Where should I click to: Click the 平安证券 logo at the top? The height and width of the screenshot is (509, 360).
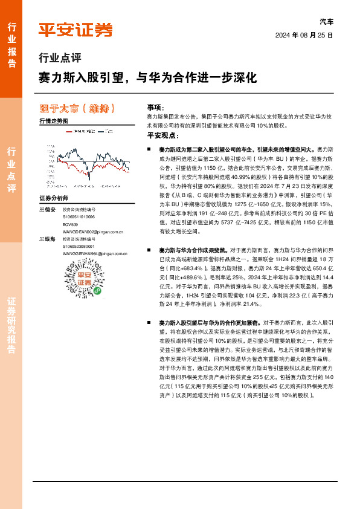[76, 29]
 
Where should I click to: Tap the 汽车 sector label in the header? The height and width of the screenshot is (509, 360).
[326, 22]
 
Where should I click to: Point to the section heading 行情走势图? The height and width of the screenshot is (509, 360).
[53, 122]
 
